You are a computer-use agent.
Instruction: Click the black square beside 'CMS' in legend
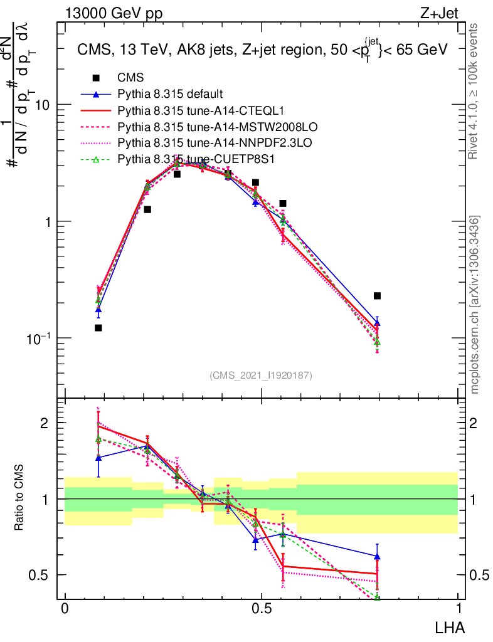tap(96, 78)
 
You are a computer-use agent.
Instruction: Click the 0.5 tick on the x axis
tap(262, 608)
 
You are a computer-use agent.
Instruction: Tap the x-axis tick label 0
tap(65, 608)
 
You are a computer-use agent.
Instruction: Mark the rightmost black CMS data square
tap(377, 296)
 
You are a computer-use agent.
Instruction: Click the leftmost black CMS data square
tap(98, 328)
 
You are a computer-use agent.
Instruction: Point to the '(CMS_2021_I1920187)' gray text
tap(261, 375)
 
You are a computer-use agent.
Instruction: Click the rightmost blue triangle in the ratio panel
tap(377, 556)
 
